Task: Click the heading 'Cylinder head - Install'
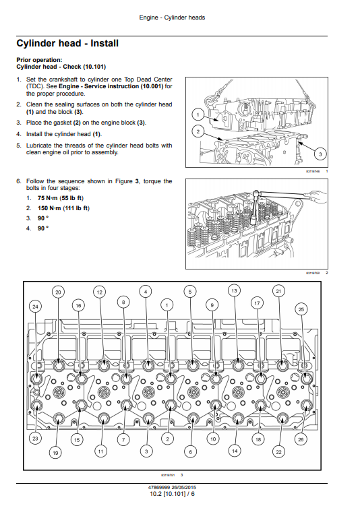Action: click(67, 43)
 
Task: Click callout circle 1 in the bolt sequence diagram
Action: click(167, 305)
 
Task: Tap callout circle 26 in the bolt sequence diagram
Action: click(301, 439)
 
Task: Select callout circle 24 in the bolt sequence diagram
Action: click(35, 307)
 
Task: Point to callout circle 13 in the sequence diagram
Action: click(235, 290)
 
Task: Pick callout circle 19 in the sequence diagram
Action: click(55, 453)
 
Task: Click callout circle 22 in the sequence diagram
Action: click(278, 452)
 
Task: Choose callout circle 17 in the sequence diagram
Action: click(257, 303)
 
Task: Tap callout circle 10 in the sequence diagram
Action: click(213, 439)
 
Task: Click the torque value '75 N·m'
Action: click(47, 198)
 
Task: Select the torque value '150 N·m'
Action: click(49, 208)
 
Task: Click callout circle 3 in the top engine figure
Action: click(320, 154)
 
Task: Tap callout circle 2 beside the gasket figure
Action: click(198, 131)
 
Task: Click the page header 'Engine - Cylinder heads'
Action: click(172, 18)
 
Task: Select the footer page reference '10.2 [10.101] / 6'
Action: click(172, 494)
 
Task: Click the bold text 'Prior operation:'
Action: click(39, 60)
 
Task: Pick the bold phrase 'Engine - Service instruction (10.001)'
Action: click(111, 86)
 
